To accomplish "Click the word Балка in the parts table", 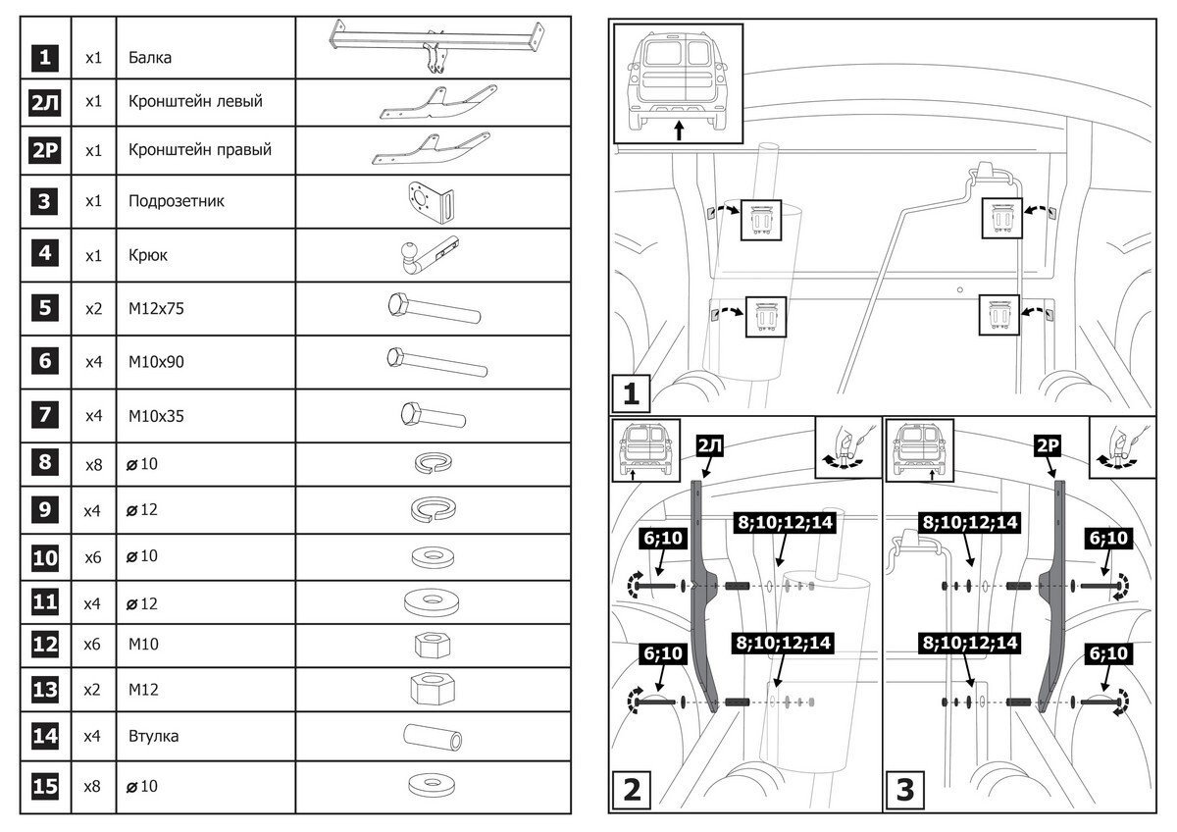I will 150,58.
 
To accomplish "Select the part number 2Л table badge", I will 45,102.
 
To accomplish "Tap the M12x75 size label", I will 156,308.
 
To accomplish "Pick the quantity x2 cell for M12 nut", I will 93,689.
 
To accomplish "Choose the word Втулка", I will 153,735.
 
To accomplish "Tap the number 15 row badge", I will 45,787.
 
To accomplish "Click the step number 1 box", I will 632,392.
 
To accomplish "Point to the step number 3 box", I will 905,790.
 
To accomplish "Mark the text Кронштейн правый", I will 199,150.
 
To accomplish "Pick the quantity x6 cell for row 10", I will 93,556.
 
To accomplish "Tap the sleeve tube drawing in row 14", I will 432,735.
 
